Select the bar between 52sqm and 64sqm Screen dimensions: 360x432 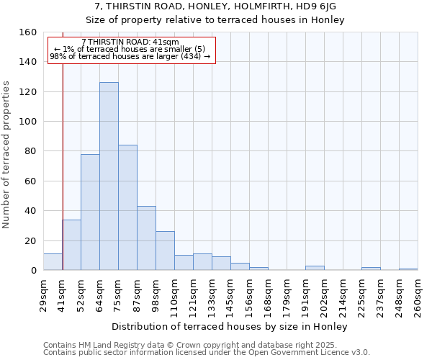click(90, 212)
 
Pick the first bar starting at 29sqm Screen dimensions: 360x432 click(53, 262)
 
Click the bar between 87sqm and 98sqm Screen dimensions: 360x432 click(146, 238)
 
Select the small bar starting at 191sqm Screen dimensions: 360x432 click(315, 268)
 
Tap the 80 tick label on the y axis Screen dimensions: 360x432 click(30, 151)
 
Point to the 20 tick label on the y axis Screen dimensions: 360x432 click(30, 240)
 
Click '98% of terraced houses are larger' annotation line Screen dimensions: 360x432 click(130, 56)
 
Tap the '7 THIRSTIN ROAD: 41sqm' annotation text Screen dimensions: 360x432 click(130, 42)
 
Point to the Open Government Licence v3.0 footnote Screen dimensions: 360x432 click(207, 352)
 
